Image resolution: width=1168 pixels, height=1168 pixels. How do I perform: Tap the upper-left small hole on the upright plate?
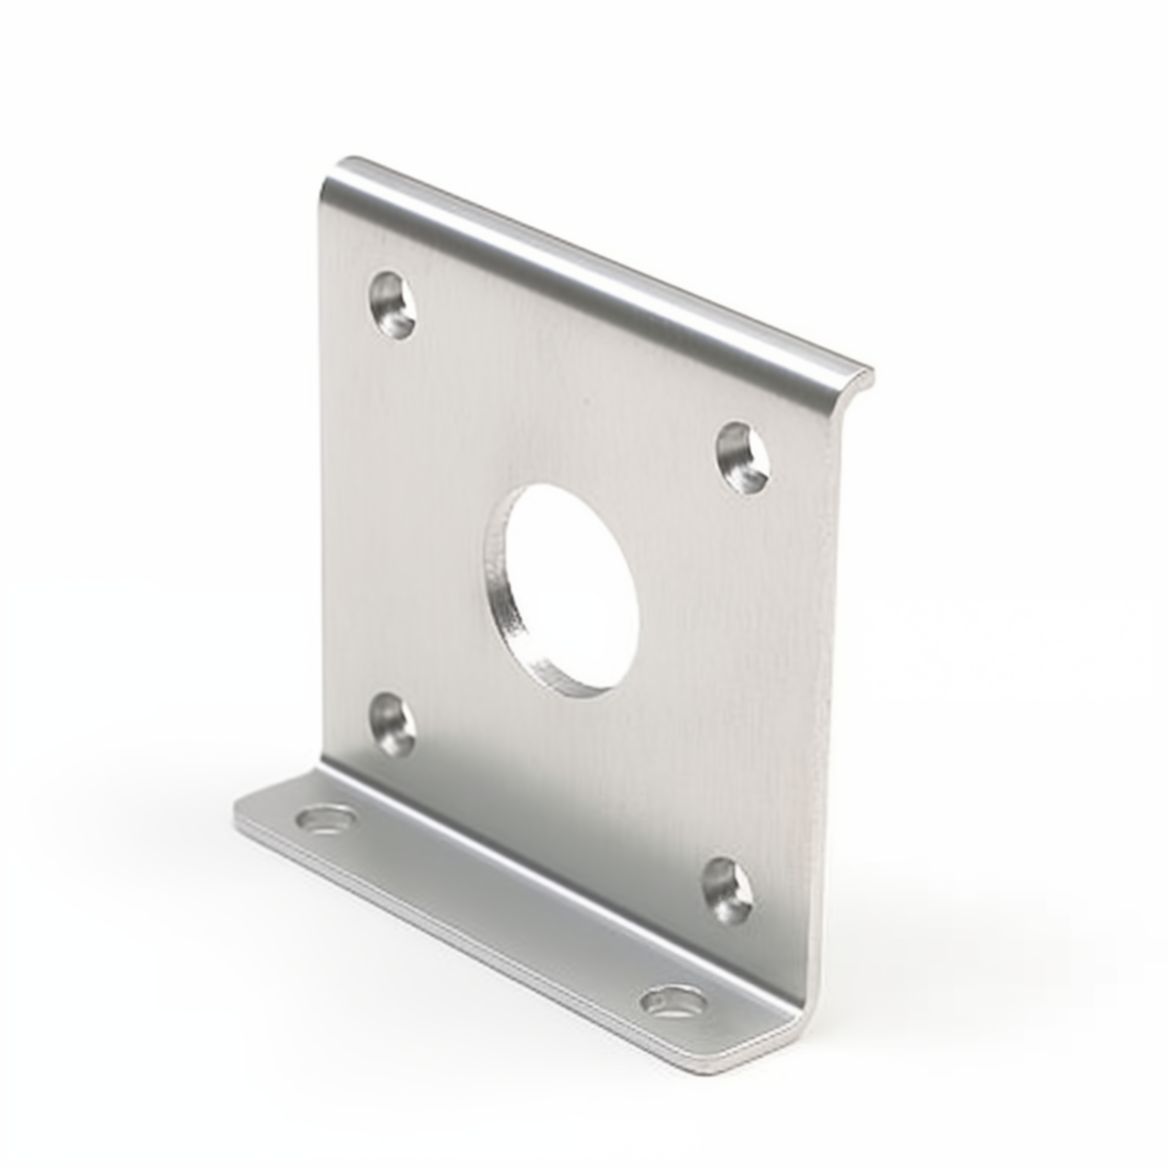393,306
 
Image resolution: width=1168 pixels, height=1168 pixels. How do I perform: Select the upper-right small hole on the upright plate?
744,458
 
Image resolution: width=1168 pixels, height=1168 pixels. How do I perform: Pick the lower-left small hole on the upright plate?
392,725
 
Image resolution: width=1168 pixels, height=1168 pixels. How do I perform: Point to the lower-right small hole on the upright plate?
728,890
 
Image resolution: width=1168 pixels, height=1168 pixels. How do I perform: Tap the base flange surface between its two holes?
494,912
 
